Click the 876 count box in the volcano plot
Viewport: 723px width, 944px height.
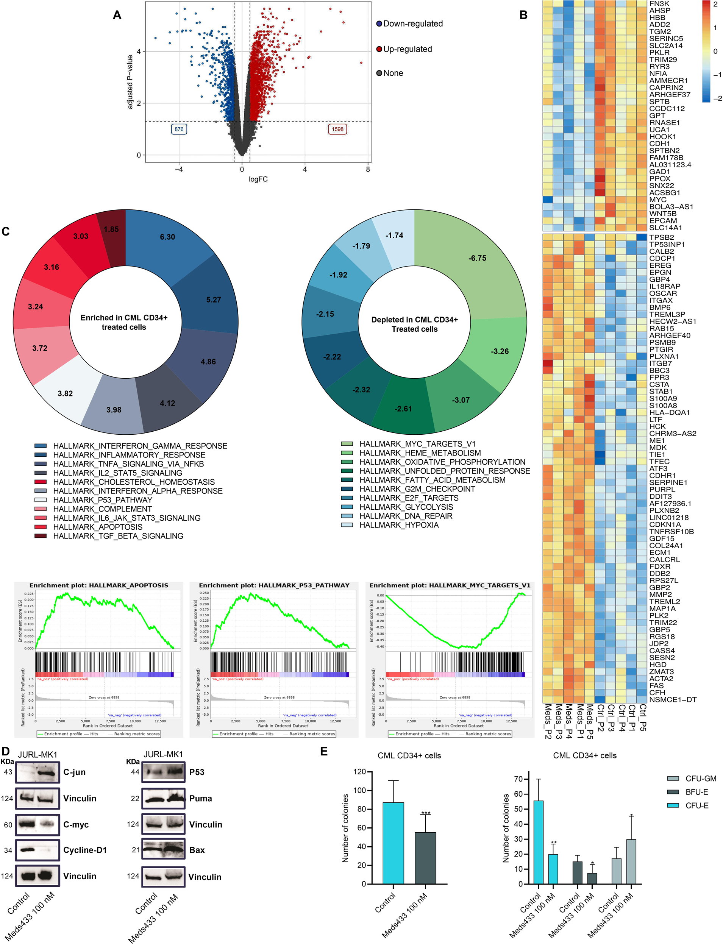179,129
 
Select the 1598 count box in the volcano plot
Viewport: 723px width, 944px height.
337,129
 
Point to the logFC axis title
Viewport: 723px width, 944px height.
258,179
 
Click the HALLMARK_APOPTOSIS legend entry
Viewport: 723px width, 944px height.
98,527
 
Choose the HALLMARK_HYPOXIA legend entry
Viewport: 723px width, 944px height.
399,525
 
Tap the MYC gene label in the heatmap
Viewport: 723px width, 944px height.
657,200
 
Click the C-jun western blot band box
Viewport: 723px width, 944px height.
37,772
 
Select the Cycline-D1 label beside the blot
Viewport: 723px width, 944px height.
85,850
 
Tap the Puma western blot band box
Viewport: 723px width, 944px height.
164,799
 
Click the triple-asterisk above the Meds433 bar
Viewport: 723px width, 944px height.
426,813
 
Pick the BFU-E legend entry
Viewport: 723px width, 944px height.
696,792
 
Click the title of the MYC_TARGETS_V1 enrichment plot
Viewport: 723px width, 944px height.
450,585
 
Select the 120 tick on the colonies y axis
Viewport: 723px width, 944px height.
359,771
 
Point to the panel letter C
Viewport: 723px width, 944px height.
6,231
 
